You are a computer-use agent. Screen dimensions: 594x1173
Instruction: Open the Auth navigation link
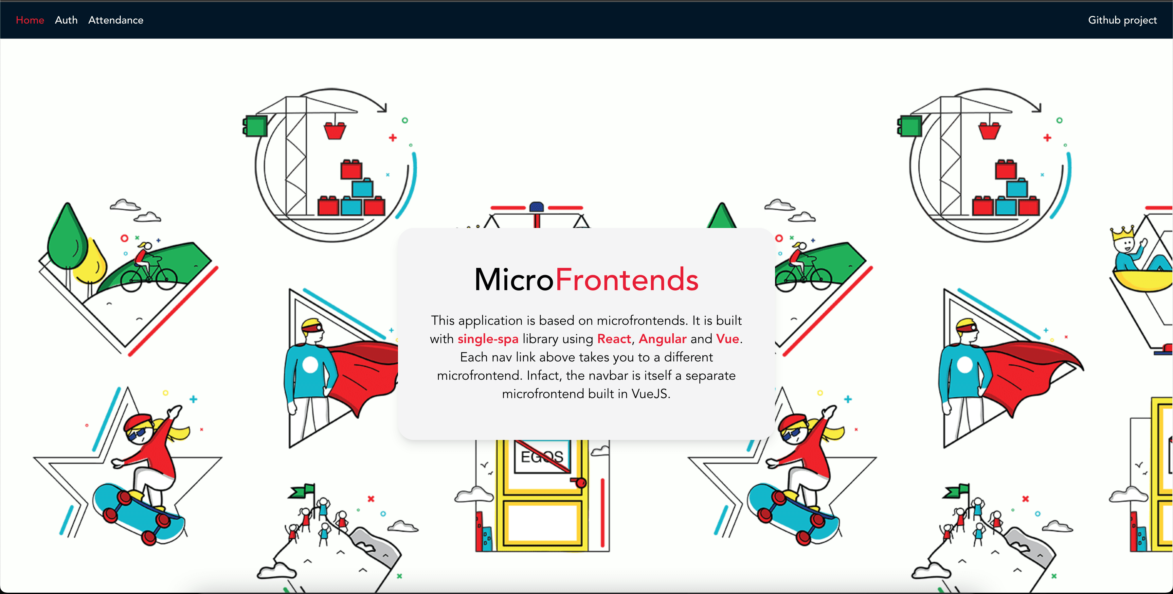tap(66, 20)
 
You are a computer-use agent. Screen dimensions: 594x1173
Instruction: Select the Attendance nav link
tap(116, 20)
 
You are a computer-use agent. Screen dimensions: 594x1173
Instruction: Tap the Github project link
tap(1122, 20)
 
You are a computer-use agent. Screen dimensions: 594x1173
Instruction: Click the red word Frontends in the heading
tap(626, 279)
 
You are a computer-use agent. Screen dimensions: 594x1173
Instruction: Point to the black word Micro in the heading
tap(514, 279)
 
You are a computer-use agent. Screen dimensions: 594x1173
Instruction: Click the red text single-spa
tap(488, 339)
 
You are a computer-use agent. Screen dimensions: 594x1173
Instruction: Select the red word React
tap(614, 339)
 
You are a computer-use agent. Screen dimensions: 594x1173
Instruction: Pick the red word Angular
tap(662, 339)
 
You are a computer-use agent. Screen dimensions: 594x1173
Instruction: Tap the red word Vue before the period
tap(727, 339)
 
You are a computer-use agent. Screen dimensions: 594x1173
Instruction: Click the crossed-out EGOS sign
tap(542, 456)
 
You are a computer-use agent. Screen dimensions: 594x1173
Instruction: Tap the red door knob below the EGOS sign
tap(581, 482)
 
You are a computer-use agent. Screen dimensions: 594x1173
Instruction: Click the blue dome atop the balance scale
tap(537, 207)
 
